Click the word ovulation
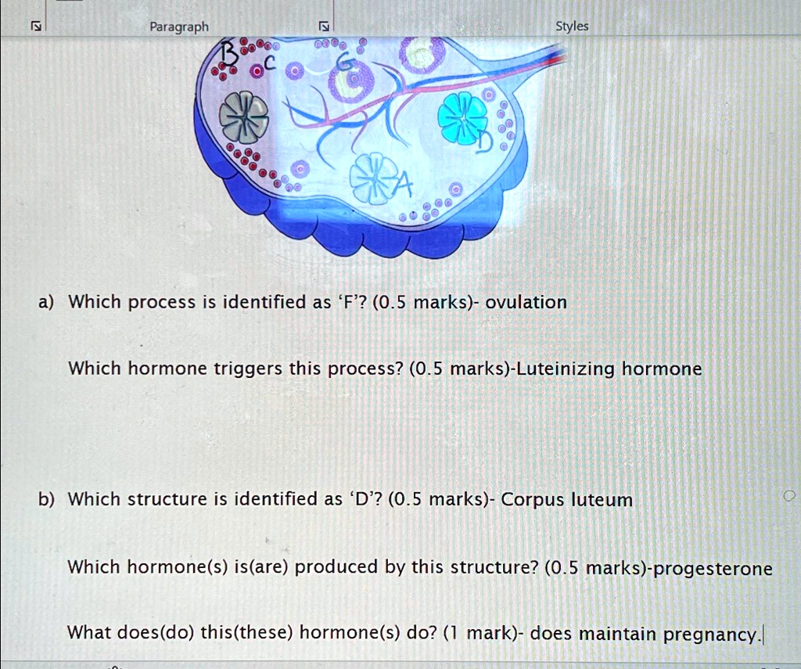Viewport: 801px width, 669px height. click(526, 302)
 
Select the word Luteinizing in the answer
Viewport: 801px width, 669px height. click(566, 369)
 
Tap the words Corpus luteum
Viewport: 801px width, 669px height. click(566, 500)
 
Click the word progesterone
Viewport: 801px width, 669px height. click(713, 569)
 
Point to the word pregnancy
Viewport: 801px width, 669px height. click(710, 635)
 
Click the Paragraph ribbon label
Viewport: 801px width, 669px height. click(179, 27)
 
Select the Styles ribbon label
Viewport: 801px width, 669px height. click(572, 26)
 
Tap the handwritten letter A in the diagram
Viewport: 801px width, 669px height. click(402, 185)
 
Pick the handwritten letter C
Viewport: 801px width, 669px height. click(269, 63)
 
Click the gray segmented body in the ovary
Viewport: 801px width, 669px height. click(244, 117)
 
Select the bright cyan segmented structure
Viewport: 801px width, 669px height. click(463, 117)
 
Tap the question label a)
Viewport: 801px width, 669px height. click(46, 302)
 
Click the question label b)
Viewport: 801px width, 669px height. click(46, 499)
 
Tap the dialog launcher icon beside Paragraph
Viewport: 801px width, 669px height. click(323, 26)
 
